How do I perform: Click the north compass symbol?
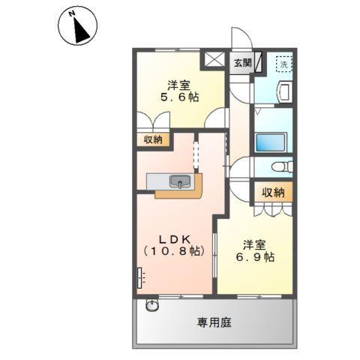pyautogui.click(x=77, y=28)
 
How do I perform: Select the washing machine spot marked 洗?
pyautogui.click(x=283, y=64)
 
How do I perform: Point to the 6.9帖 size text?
pyautogui.click(x=256, y=257)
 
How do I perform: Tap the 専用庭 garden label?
pyautogui.click(x=214, y=323)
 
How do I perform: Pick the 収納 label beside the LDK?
pyautogui.click(x=153, y=139)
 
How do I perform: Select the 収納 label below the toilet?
pyautogui.click(x=273, y=193)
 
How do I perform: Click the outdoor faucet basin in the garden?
pyautogui.click(x=153, y=305)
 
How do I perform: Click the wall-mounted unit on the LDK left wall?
pyautogui.click(x=140, y=280)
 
